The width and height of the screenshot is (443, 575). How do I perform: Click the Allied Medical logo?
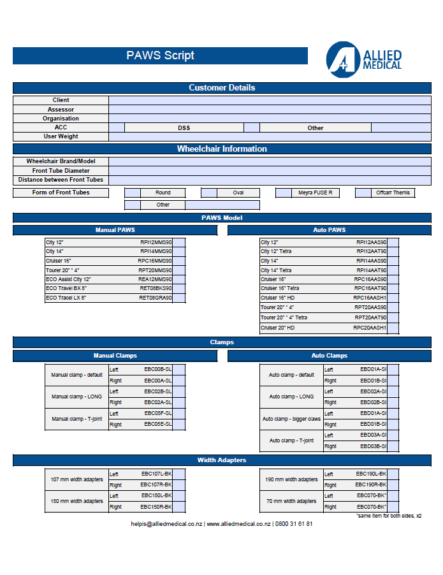364,59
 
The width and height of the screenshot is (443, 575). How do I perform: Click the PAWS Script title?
160,55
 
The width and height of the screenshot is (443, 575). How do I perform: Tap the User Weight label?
61,136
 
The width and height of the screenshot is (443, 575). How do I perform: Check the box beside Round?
132,193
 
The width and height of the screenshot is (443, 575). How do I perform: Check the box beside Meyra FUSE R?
284,193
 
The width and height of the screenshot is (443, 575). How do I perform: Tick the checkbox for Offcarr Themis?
363,193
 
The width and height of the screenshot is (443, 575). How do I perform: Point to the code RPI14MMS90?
156,252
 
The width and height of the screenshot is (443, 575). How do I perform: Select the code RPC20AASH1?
370,328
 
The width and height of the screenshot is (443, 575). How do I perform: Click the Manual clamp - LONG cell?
76,397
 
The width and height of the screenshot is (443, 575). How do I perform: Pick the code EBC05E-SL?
157,425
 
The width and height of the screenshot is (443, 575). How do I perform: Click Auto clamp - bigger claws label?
291,419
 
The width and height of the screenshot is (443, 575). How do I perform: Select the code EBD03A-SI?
374,435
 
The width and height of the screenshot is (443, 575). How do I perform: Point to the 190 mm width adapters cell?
291,479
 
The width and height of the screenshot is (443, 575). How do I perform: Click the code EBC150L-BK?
156,495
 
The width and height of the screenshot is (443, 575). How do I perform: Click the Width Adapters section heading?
222,460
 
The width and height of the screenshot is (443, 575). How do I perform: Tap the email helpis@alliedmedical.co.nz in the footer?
166,524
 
